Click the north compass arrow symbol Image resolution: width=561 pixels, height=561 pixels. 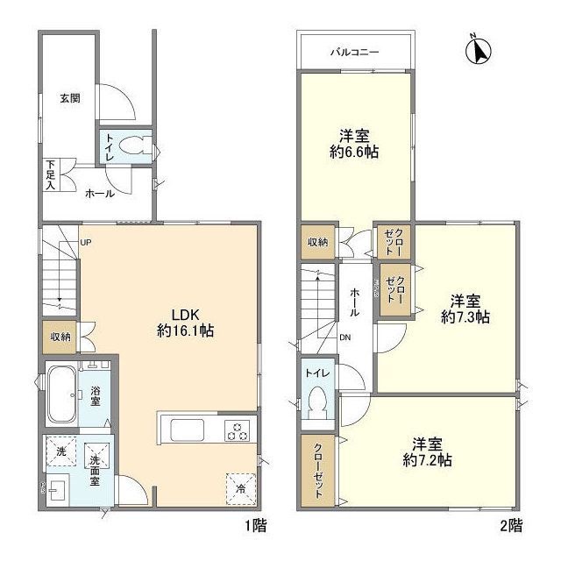coord(478,49)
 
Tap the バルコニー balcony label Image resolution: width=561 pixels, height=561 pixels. coord(354,53)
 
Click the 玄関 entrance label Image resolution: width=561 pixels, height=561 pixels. coord(70,98)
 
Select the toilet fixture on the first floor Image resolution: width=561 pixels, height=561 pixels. coord(134,147)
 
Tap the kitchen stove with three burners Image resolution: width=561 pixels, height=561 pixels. coord(238,430)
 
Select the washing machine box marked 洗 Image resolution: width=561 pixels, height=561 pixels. coord(61,451)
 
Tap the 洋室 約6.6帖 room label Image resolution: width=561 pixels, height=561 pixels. coord(355,143)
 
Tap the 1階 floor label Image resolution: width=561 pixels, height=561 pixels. coord(254,526)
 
